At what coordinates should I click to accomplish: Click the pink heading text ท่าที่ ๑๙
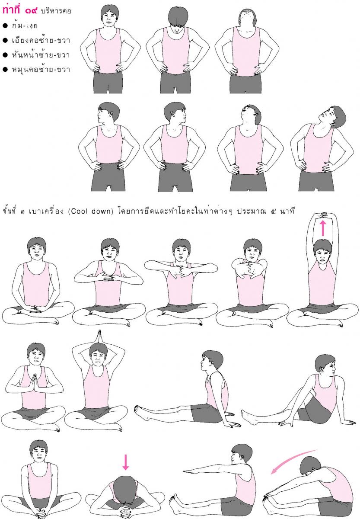pyautogui.click(x=20, y=10)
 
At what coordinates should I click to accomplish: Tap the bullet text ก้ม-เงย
pyautogui.click(x=25, y=26)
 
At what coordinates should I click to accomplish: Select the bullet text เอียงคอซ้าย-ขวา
pyautogui.click(x=41, y=40)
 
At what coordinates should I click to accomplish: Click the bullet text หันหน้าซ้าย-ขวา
pyautogui.click(x=41, y=55)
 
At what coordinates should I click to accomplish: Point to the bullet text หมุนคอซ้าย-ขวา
pyautogui.click(x=41, y=70)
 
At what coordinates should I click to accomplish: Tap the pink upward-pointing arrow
pyautogui.click(x=323, y=228)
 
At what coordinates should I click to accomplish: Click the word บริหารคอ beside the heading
pyautogui.click(x=56, y=11)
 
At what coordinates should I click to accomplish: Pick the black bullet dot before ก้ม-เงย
pyautogui.click(x=5, y=26)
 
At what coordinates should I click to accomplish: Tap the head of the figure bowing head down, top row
pyautogui.click(x=178, y=19)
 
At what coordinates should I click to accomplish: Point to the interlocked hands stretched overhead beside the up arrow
pyautogui.click(x=322, y=215)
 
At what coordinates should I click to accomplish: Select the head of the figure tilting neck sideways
pyautogui.click(x=332, y=117)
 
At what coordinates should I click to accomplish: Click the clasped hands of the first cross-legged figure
pyautogui.click(x=34, y=309)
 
